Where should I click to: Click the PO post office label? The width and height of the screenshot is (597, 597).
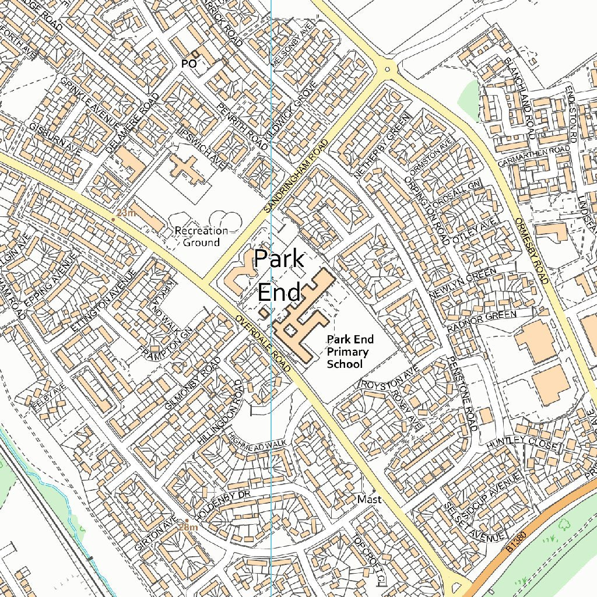coord(188,64)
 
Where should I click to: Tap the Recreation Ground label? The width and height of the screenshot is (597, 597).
coord(201,237)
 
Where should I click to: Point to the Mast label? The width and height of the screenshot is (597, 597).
coord(369,500)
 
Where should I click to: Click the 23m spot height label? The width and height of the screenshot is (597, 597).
coord(125,213)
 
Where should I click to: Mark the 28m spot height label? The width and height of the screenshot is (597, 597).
coord(188,527)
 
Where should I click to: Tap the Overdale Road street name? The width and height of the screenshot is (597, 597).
coord(263,344)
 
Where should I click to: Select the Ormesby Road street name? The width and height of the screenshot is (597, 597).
coord(532,251)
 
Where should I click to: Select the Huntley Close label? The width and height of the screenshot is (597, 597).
coord(522,444)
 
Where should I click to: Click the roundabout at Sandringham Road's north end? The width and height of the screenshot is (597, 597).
coord(387,69)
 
